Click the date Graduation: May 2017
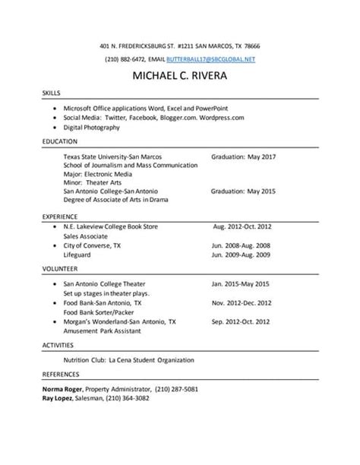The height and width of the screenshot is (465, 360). [243, 157]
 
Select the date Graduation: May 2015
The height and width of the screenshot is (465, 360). [243, 191]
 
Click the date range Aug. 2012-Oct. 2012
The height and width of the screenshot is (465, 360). [243, 226]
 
